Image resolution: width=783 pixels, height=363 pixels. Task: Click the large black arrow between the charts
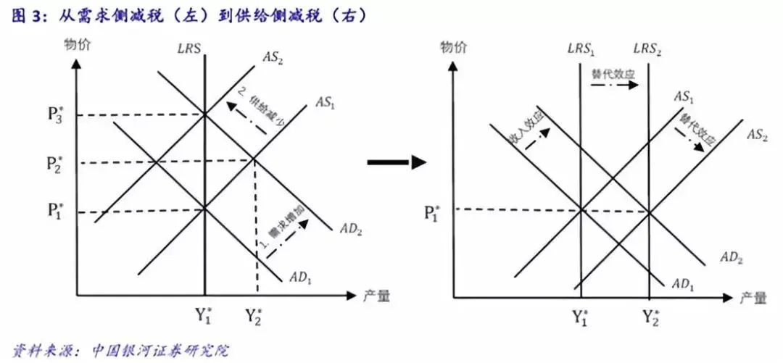[x=396, y=162]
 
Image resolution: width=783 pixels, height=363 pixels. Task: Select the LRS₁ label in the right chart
[x=581, y=49]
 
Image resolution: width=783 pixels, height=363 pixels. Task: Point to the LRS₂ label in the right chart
[x=647, y=49]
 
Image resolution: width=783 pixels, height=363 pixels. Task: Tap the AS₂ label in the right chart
[x=757, y=135]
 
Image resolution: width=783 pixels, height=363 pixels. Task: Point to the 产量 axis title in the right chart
[x=754, y=298]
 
